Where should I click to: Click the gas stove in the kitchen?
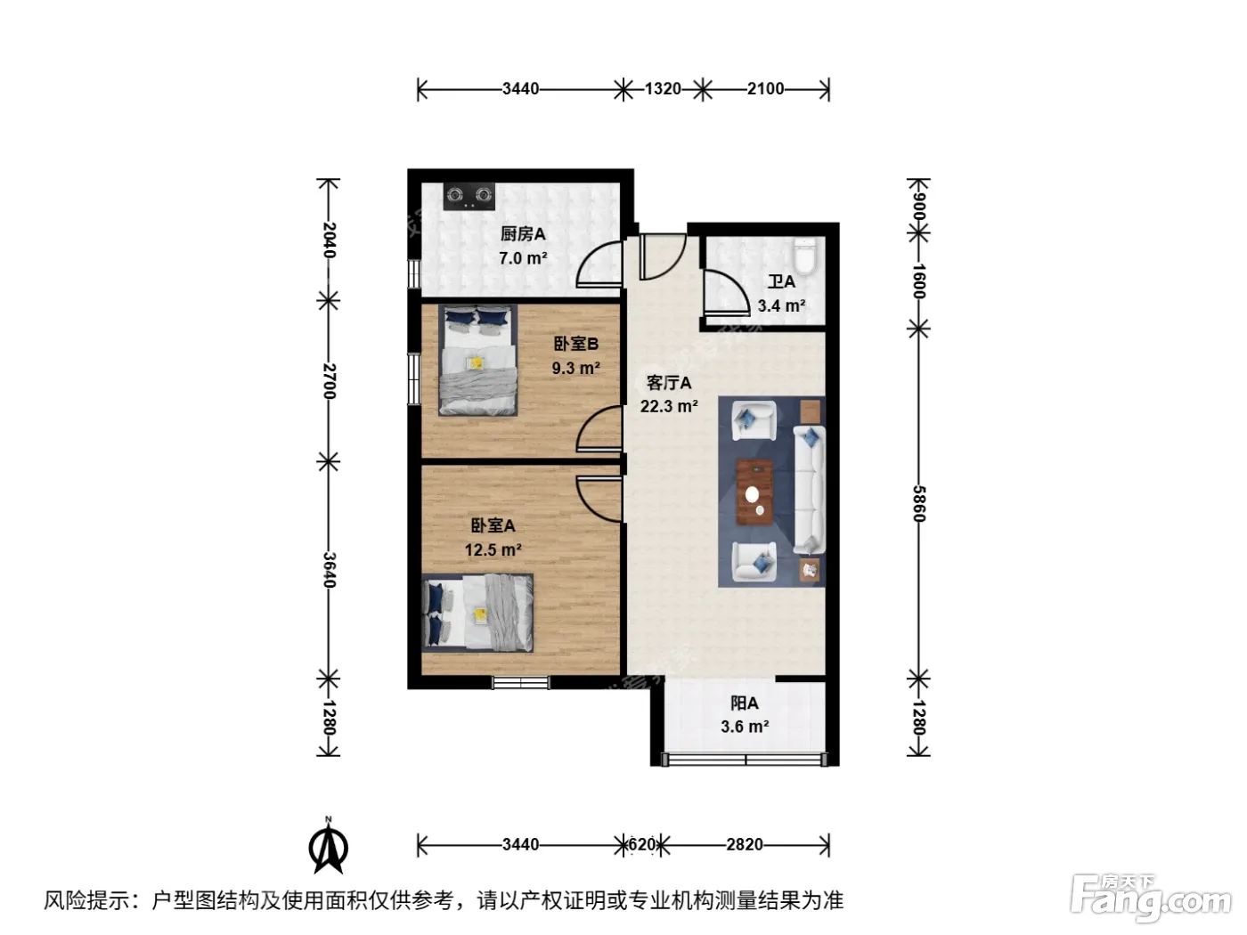click(x=469, y=197)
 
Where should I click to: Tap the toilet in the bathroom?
click(x=804, y=256)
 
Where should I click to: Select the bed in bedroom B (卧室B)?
click(x=477, y=361)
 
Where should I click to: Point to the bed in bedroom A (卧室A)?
click(x=477, y=614)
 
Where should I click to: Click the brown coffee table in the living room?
click(x=754, y=492)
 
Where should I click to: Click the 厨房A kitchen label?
click(x=523, y=233)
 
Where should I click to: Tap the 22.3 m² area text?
click(x=669, y=406)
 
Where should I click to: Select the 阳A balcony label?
click(x=745, y=703)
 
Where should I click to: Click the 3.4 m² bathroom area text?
click(x=781, y=306)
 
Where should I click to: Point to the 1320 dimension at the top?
click(x=663, y=89)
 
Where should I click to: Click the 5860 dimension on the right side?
click(x=918, y=503)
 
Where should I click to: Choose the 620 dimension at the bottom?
click(x=642, y=845)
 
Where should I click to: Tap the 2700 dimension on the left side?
click(x=329, y=381)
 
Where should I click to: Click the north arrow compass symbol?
click(x=329, y=845)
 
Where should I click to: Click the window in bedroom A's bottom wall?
click(x=520, y=682)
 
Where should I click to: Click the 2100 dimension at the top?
click(x=765, y=89)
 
